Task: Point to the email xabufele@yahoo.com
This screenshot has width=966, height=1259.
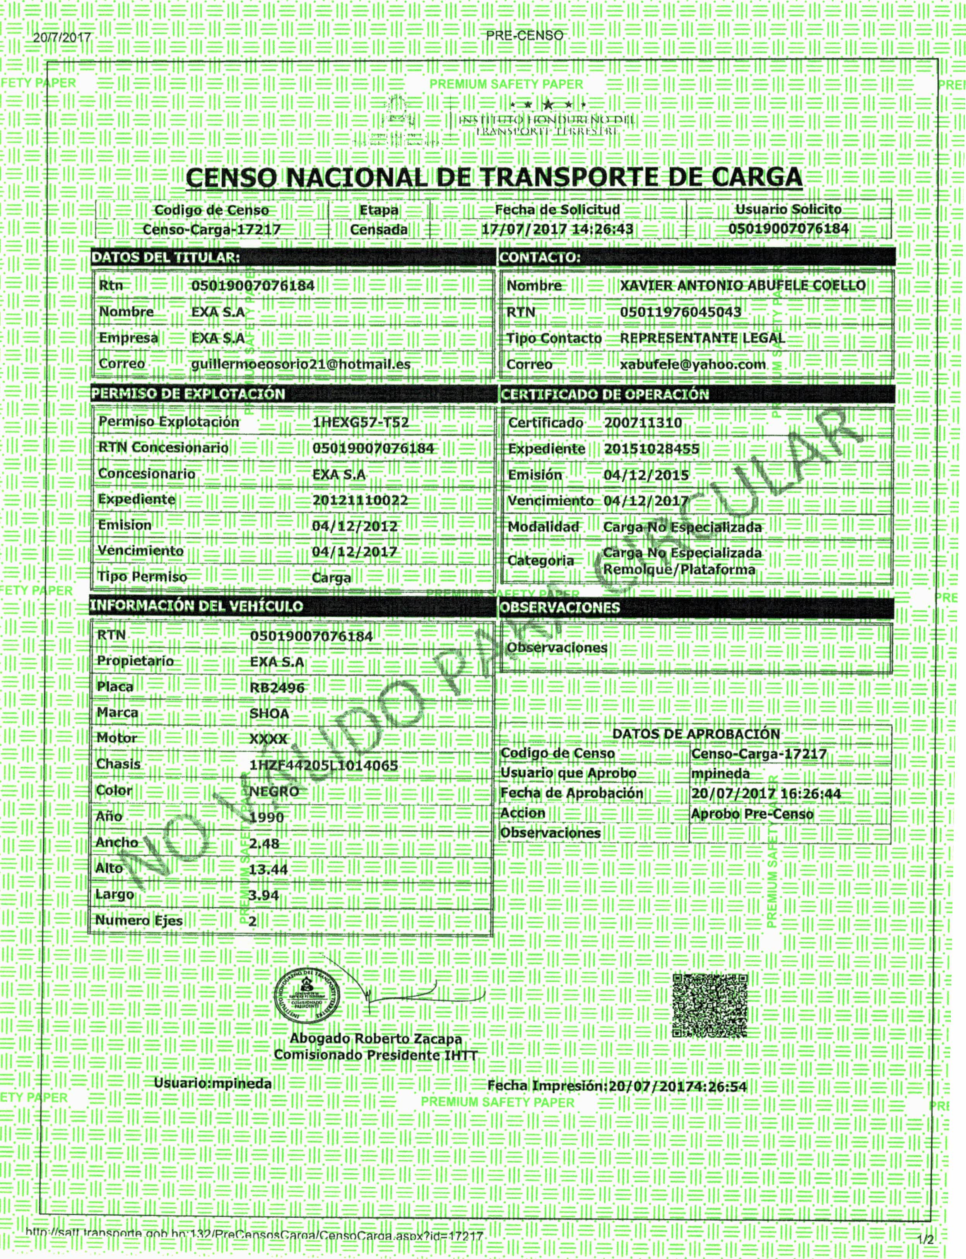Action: click(x=692, y=364)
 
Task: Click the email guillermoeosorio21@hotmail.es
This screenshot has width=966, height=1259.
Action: click(x=300, y=364)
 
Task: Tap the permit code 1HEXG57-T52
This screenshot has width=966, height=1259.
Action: click(x=361, y=422)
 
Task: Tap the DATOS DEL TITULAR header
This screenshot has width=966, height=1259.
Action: click(x=166, y=257)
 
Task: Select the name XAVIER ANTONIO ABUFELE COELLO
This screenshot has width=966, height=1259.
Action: click(x=742, y=285)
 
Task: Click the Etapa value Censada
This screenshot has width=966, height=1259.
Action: click(x=378, y=229)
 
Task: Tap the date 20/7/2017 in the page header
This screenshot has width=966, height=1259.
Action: click(x=62, y=38)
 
